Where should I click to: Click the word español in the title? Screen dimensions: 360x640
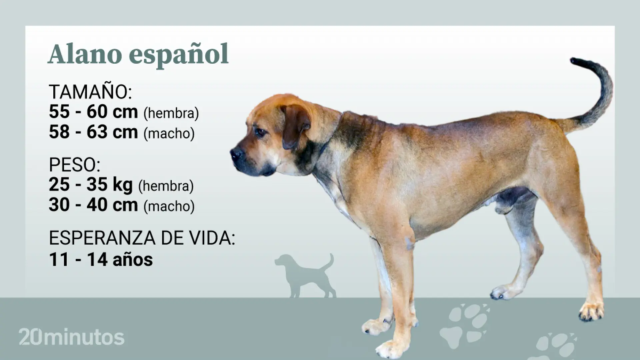tap(179, 55)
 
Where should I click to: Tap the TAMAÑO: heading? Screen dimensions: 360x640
tap(90, 92)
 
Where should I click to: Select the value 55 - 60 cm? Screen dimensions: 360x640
tap(93, 112)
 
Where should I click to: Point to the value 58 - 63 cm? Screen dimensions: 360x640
tap(93, 132)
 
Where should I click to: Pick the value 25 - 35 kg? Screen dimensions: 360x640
tap(91, 185)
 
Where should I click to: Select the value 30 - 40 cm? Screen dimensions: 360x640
tap(93, 205)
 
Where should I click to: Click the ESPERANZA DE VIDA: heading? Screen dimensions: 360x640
tap(142, 238)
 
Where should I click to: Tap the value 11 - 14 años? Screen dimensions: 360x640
tap(101, 259)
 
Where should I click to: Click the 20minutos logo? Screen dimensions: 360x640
tap(71, 337)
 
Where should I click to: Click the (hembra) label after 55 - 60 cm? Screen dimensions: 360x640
tap(171, 113)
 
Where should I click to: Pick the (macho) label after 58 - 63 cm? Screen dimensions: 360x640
tap(169, 133)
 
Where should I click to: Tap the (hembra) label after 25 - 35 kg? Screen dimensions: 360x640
tap(166, 186)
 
